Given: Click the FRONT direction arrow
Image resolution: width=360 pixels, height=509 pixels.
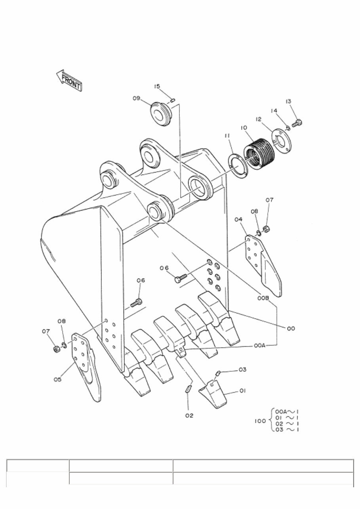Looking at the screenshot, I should click(x=69, y=80).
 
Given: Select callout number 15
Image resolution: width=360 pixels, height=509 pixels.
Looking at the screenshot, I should click(x=157, y=86).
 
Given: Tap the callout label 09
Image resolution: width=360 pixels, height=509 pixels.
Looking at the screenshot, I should click(x=136, y=98).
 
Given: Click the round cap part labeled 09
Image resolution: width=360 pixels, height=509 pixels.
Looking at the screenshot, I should click(x=161, y=114).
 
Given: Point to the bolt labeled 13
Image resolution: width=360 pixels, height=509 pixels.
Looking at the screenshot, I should click(x=297, y=123).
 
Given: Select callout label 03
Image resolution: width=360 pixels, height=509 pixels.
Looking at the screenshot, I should click(x=242, y=370).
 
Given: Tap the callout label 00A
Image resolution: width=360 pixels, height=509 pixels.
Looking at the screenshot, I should click(x=259, y=346).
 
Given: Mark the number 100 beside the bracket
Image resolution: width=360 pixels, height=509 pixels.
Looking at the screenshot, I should click(x=260, y=421).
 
